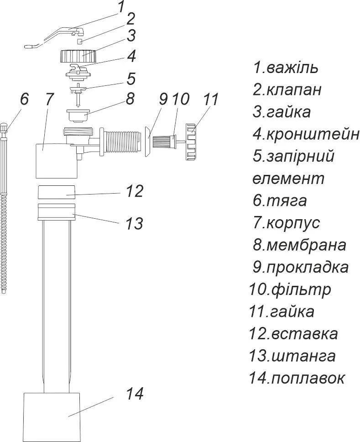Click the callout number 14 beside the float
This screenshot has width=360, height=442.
click(x=135, y=394)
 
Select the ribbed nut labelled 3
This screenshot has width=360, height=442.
click(x=78, y=56)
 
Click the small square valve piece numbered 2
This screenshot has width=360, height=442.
click(x=79, y=42)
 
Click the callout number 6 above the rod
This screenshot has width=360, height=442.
click(x=24, y=99)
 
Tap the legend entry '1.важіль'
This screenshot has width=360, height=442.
click(x=285, y=68)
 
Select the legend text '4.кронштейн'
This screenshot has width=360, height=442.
click(x=306, y=134)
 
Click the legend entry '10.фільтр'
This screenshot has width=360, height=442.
click(x=290, y=290)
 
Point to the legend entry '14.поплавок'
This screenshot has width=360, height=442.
click(x=297, y=378)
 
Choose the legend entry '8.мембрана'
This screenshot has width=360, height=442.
click(x=299, y=245)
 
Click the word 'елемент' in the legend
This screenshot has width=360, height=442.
click(x=288, y=179)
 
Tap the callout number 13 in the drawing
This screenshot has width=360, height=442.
click(x=134, y=223)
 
